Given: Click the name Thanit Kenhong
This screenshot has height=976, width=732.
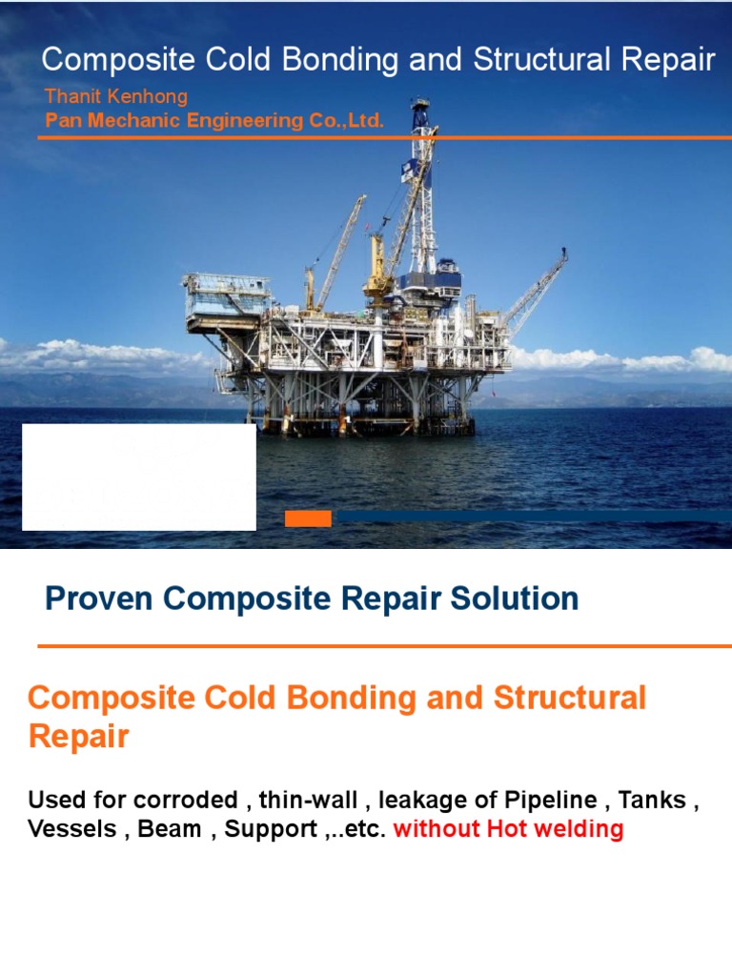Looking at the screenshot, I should pos(115,96).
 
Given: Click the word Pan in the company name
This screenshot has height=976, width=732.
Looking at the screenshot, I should pos(61,121).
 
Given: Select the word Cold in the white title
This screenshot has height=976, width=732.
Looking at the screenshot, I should pos(215,60).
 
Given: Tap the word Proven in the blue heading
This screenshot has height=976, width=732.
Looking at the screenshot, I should pos(99,600).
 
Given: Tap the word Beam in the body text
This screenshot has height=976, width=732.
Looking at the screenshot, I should pos(169,829).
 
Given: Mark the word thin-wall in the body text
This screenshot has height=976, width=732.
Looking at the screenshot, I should pos(302,800).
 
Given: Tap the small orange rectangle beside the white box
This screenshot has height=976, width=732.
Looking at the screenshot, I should pos(308,518).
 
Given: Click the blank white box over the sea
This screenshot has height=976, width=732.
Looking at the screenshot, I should pos(138,477).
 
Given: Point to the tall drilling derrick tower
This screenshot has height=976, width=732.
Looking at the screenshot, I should pos(420,191).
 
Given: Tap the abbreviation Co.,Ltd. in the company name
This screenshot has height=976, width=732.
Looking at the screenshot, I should pos(347,121).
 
